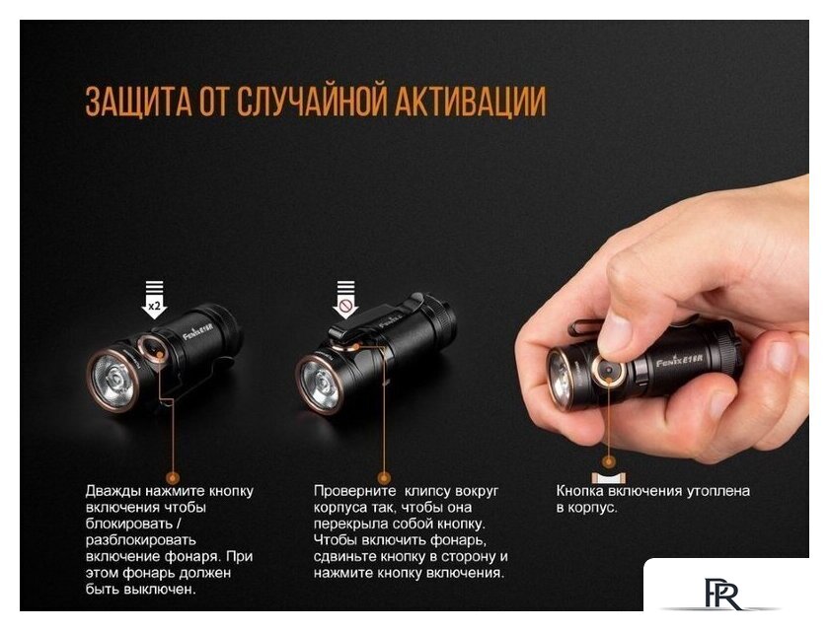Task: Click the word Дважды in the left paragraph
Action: [x=113, y=491]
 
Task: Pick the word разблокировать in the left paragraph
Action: [x=140, y=540]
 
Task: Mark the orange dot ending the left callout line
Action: [x=172, y=456]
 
